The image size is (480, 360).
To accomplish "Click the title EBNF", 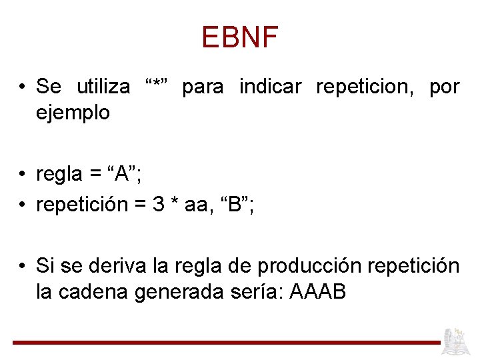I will [x=239, y=38].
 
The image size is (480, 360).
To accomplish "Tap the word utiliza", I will [x=103, y=87].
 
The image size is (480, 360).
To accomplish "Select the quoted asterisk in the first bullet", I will [x=160, y=86].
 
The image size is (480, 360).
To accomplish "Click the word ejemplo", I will [x=73, y=113].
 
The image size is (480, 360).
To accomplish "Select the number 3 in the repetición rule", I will [x=159, y=205].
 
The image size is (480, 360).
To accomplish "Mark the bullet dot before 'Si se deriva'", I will [x=23, y=267].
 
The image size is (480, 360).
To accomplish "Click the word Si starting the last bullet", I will [x=44, y=266].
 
